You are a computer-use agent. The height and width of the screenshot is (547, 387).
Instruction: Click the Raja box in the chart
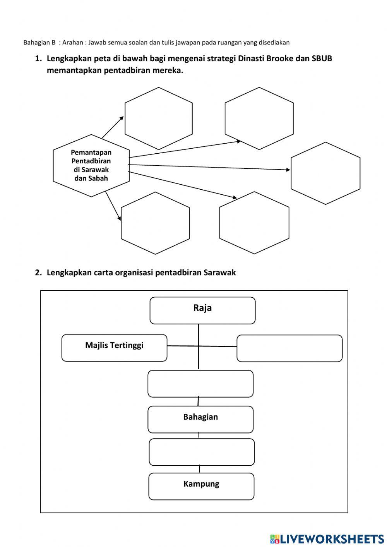(x=202, y=310)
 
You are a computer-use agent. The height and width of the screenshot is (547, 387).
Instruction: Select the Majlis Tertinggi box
(x=114, y=348)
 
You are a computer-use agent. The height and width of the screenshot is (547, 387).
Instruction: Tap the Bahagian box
(x=200, y=419)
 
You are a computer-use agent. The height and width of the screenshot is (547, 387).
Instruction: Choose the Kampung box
(x=201, y=486)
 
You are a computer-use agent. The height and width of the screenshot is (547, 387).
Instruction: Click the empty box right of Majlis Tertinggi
(x=289, y=348)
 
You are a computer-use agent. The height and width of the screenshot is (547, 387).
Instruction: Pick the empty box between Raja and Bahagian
(x=200, y=384)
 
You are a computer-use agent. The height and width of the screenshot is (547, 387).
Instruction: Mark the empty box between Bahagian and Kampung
(x=202, y=452)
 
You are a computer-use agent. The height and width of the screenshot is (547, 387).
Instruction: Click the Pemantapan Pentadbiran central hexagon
(x=91, y=166)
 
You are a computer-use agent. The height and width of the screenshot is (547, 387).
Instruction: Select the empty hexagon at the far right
(x=325, y=173)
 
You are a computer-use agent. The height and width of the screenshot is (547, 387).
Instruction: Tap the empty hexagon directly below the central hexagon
(x=155, y=223)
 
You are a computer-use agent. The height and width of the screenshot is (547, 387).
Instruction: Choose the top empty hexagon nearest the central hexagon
(x=159, y=118)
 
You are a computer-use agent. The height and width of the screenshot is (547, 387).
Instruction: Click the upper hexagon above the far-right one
(x=259, y=118)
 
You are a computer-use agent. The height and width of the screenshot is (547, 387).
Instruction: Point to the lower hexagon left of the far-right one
(x=254, y=223)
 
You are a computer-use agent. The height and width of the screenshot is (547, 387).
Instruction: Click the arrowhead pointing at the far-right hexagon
(x=288, y=170)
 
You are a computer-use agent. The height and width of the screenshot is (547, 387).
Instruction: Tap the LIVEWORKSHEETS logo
(x=327, y=538)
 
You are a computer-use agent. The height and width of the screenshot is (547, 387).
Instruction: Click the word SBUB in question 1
(x=322, y=58)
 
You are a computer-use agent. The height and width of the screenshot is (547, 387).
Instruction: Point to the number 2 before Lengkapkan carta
(x=38, y=273)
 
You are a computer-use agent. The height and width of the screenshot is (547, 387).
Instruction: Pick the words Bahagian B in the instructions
(x=39, y=42)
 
